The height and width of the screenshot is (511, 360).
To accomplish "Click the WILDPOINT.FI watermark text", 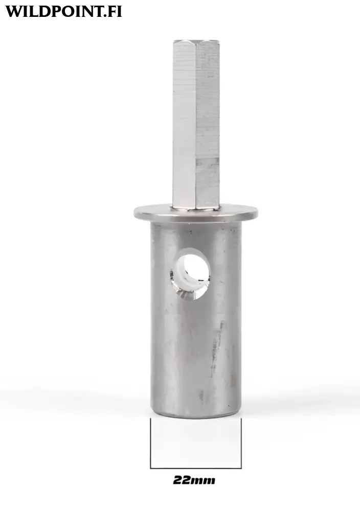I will point(63,11).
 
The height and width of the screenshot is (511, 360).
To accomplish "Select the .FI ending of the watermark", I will point(111,11).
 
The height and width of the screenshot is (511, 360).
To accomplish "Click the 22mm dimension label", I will point(194,480).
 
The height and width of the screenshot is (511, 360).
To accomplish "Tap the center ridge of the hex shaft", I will point(196,123).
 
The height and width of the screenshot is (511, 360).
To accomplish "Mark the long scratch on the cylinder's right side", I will point(219,342).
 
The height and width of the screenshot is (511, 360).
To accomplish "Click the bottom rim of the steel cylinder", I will point(196,415).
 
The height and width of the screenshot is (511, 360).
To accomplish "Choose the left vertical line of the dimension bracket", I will point(150,443).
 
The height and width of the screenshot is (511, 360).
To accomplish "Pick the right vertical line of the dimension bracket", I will point(241,443).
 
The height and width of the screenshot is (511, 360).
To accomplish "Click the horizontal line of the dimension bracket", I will point(196,468).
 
